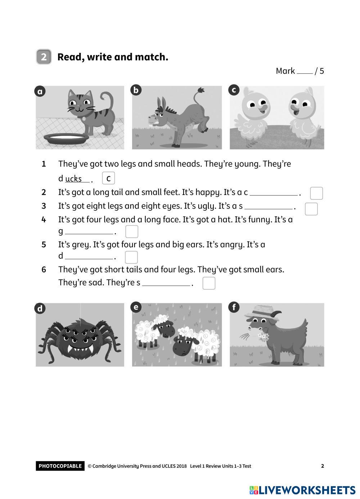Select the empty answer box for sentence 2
pos(316,193)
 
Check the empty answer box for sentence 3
pos(311,209)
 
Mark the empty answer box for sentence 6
pos(209,283)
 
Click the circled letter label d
pos(40,309)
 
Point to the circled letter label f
pos(234,307)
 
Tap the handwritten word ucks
pos(73,179)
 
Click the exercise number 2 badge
pos(44,56)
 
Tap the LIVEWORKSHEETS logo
pos(302,490)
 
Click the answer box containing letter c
pos(108,178)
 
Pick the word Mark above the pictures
pos(285,71)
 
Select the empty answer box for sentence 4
pos(132,231)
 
